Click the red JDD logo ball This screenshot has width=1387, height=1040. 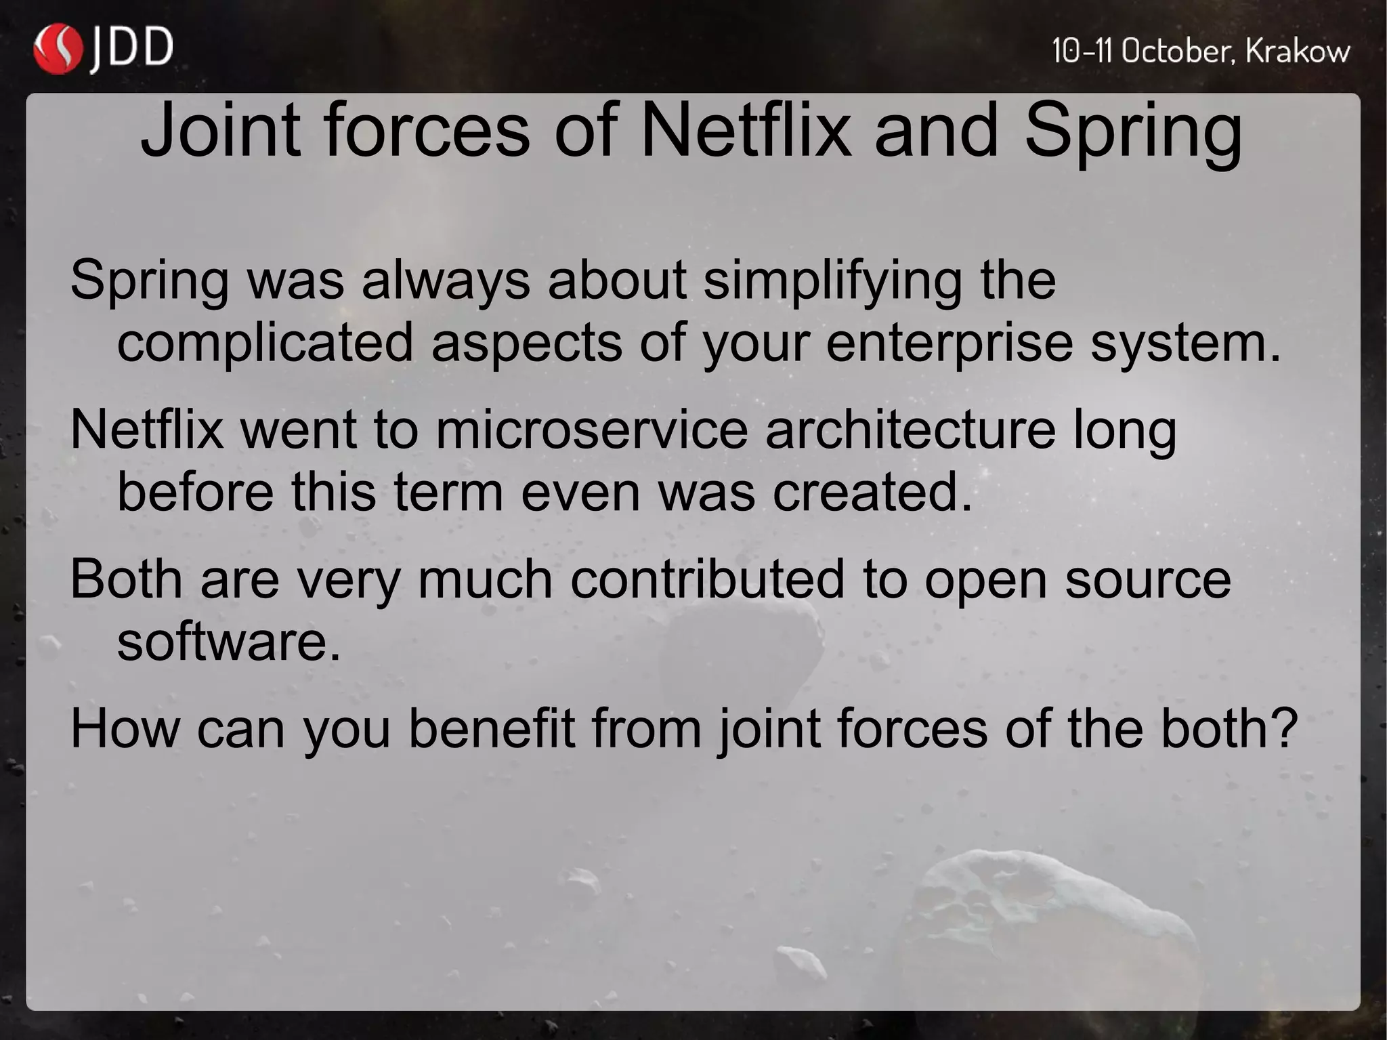(58, 49)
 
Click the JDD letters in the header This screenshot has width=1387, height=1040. (132, 49)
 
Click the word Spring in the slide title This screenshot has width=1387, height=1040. (1132, 133)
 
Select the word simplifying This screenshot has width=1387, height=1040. (832, 280)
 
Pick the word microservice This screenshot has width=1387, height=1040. (591, 430)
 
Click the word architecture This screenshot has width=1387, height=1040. (910, 430)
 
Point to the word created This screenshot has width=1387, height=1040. (872, 492)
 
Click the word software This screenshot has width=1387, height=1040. (228, 642)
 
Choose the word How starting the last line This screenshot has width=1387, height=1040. (125, 729)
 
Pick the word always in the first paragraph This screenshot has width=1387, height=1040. (446, 280)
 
